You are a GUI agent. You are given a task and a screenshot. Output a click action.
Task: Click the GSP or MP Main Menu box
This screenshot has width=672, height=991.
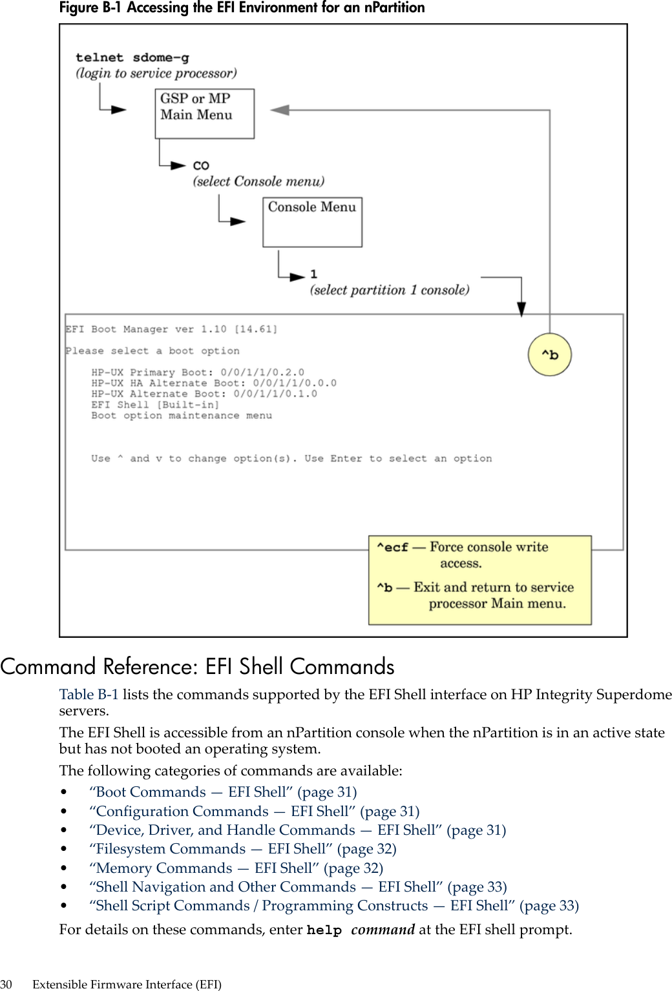204,114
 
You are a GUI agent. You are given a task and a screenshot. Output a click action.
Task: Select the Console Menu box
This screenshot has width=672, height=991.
312,222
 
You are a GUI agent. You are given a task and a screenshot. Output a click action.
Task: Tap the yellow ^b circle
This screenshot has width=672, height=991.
550,354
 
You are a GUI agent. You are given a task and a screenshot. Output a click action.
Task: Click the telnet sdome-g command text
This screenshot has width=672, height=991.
132,57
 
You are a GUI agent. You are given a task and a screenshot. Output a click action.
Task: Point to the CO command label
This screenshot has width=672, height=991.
201,165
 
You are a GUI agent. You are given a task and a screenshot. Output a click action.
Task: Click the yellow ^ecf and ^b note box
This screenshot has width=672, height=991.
479,580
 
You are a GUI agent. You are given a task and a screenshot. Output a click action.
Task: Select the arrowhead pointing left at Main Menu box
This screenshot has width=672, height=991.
280,110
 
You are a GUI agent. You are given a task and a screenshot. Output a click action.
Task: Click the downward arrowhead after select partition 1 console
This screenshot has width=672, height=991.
521,309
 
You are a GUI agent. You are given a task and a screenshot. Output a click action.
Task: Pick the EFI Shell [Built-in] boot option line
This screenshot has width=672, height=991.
155,405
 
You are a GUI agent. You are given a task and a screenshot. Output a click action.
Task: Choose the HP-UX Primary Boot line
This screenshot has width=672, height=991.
197,373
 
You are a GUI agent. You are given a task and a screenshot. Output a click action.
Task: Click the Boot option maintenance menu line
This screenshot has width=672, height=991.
181,416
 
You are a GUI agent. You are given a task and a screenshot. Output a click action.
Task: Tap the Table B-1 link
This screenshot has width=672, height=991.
89,695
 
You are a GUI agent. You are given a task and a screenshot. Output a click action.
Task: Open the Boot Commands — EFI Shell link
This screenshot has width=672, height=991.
223,792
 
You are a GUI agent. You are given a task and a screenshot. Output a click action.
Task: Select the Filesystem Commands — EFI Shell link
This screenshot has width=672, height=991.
243,849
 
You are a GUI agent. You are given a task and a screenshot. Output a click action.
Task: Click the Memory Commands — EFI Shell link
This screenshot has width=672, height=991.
236,868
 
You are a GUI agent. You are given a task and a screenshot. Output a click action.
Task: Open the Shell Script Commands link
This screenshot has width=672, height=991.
334,906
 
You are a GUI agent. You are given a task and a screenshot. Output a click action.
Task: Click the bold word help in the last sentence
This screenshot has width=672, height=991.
324,930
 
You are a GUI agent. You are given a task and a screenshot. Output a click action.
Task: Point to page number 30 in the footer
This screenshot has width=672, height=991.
6,985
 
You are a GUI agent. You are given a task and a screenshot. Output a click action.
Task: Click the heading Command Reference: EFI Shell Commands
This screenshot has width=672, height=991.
197,666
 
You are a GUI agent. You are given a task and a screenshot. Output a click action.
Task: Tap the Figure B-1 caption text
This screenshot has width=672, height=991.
242,8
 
